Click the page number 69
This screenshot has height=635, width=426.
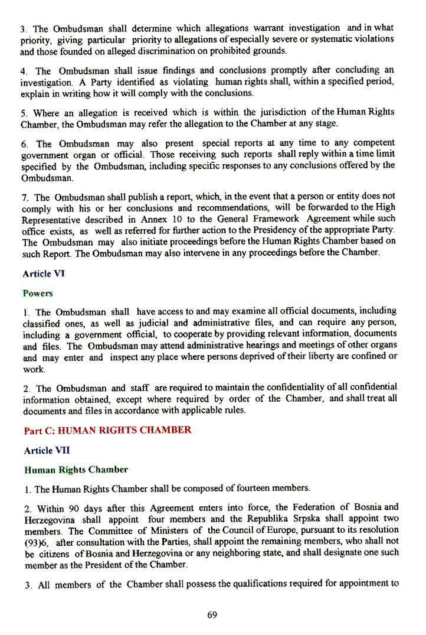click(212, 615)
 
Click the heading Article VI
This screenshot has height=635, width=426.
click(40, 274)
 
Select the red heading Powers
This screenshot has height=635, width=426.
click(38, 293)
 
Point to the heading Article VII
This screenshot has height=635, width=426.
click(42, 450)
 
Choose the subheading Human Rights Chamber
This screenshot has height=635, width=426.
click(76, 470)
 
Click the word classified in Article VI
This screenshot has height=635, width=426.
click(44, 323)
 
